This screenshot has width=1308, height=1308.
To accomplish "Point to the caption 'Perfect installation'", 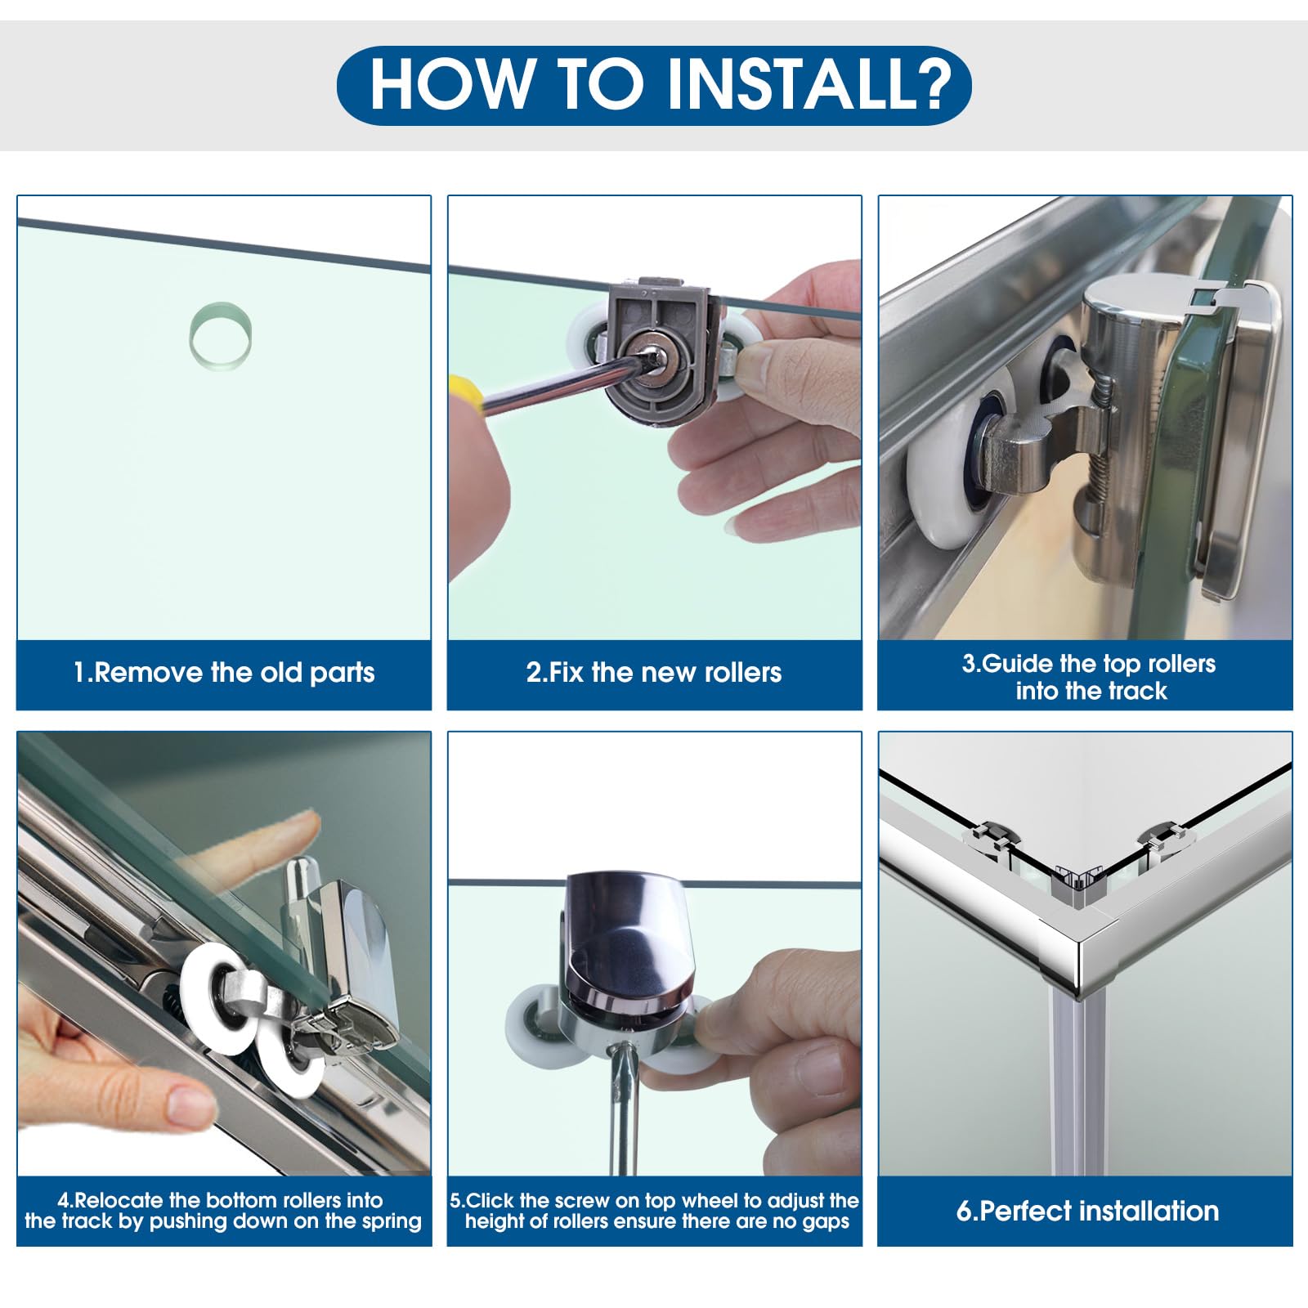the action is tap(1087, 1211).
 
